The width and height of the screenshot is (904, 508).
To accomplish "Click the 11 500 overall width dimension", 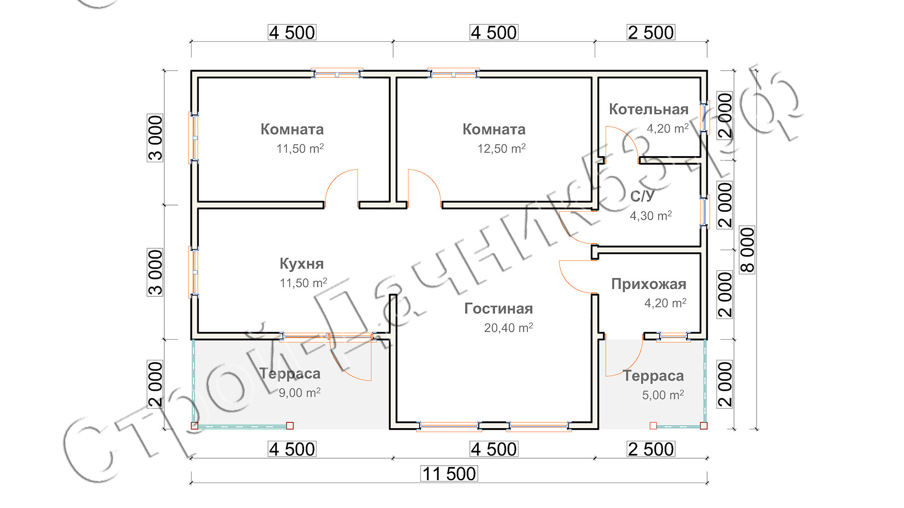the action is click(449, 474).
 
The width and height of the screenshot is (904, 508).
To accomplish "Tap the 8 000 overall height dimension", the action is click(748, 250).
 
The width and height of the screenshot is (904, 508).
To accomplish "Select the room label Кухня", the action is click(302, 264).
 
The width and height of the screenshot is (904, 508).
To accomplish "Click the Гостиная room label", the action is click(499, 309).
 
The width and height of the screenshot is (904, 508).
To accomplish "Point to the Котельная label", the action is click(649, 109).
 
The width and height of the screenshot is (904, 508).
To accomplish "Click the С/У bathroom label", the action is click(642, 196).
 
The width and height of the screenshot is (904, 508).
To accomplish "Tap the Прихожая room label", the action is click(649, 284).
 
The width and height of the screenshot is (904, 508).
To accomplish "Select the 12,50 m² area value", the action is click(501, 149).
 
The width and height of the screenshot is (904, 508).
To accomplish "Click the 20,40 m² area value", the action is click(508, 328).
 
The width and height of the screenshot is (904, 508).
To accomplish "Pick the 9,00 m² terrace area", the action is click(299, 393).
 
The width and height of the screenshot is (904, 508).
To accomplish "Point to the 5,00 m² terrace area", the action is click(663, 395).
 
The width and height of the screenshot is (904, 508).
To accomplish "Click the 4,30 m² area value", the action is click(651, 216).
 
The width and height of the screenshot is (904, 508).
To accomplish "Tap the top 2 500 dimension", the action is click(651, 32).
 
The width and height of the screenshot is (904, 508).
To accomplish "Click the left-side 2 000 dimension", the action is click(155, 384).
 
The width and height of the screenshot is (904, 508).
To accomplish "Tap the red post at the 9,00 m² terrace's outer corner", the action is click(194, 426).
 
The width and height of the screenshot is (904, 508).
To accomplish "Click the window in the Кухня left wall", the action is click(194, 272).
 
